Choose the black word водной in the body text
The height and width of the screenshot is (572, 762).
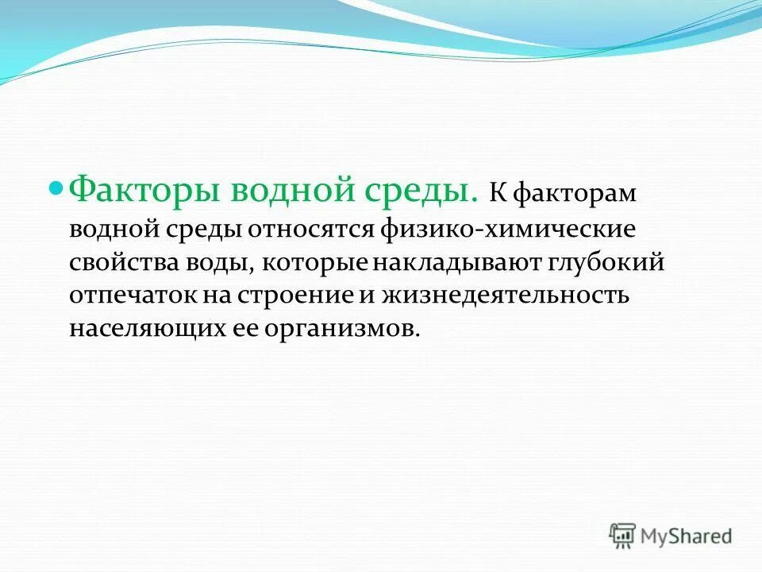(x=116, y=230)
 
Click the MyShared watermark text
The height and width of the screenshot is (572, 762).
(x=687, y=535)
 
